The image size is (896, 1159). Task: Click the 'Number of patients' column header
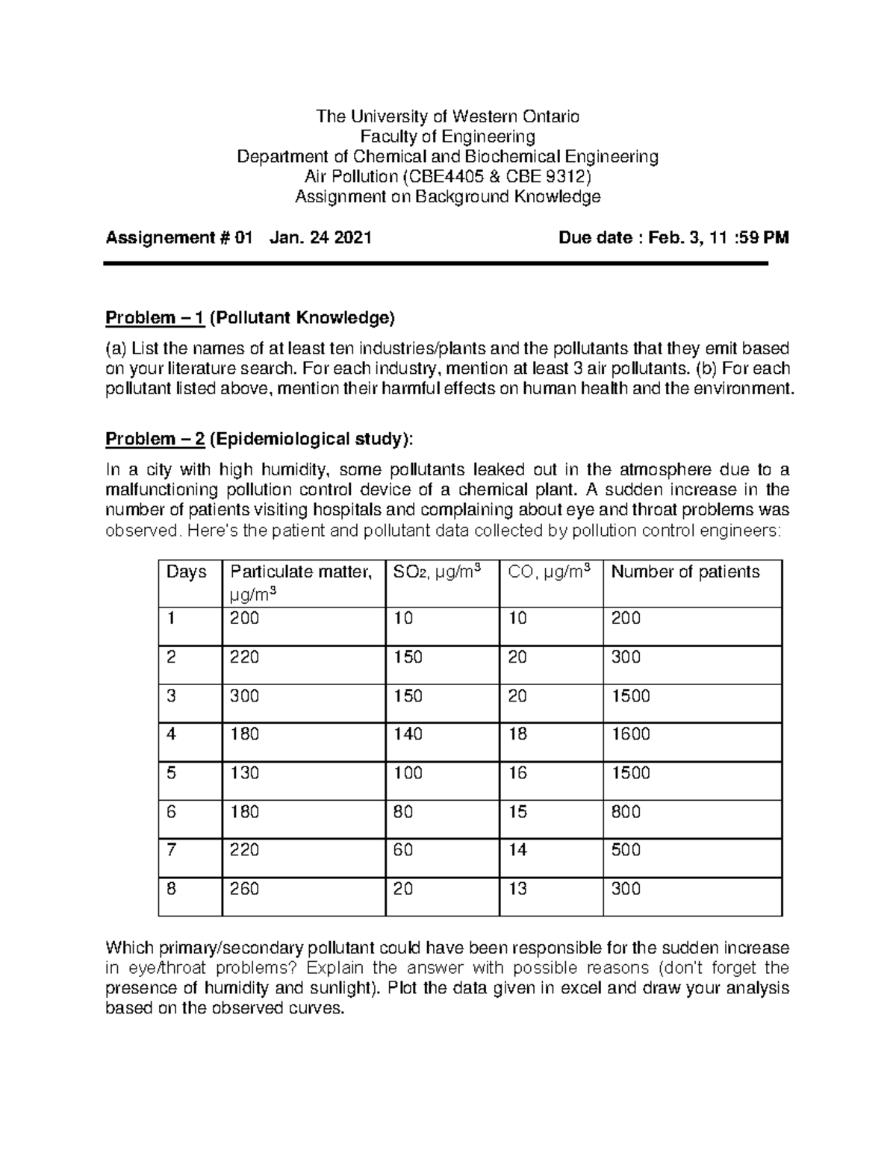685,572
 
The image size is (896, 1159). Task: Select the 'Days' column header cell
186,572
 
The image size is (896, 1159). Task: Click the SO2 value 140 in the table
408,734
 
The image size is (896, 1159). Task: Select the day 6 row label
172,812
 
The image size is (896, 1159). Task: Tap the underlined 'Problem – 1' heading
155,319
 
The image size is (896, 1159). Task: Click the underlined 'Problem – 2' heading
155,439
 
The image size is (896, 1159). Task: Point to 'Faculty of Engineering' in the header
448,137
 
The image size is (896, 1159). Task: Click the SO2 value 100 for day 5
408,773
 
